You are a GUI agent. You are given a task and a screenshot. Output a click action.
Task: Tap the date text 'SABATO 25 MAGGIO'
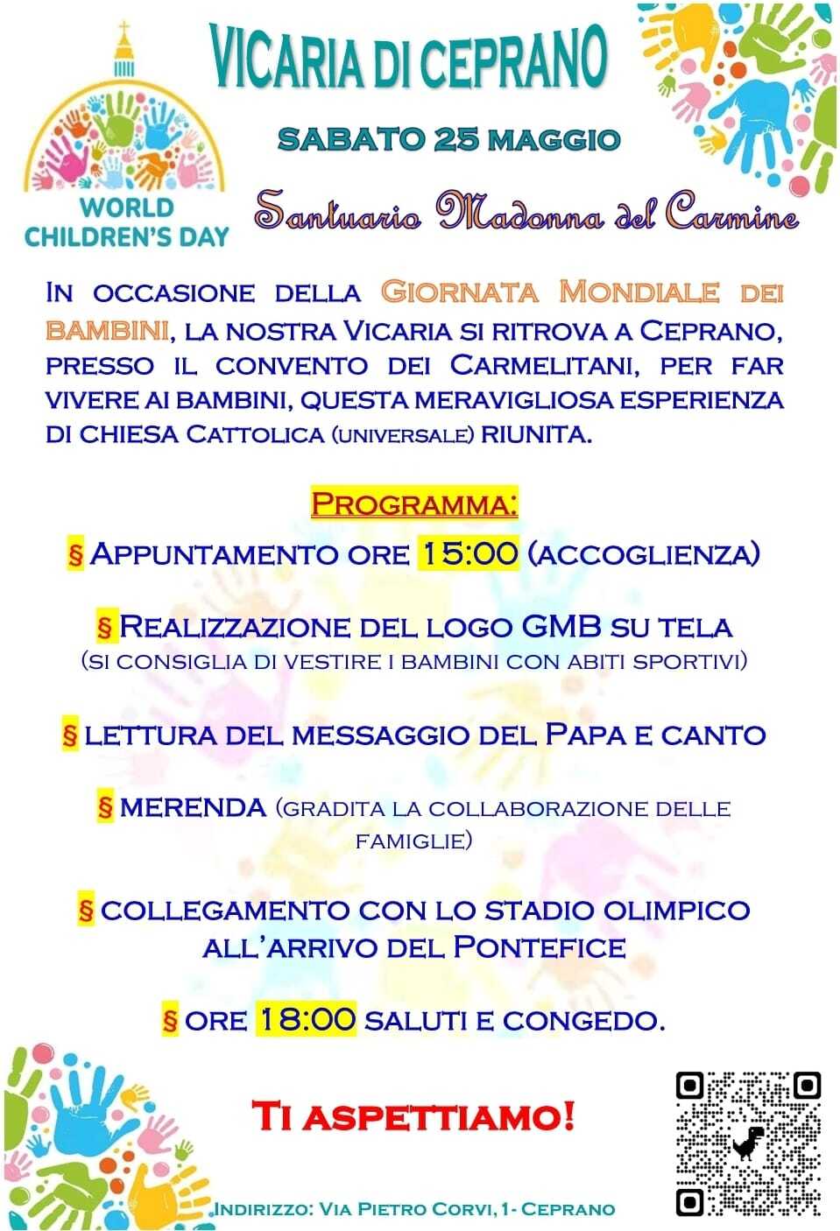click(448, 139)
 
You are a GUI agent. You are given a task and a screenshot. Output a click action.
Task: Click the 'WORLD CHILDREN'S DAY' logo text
click(126, 222)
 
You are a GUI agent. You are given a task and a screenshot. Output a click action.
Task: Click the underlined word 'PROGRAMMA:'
click(414, 504)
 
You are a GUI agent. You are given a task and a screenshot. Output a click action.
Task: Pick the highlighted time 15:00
click(469, 553)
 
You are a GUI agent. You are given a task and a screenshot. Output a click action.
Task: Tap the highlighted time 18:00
click(307, 1019)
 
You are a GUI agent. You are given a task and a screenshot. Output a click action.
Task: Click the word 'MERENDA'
click(193, 807)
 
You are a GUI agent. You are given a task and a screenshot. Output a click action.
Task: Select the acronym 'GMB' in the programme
click(561, 627)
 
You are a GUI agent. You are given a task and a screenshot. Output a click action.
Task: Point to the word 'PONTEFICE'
click(540, 947)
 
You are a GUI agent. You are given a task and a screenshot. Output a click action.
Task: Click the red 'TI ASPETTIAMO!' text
click(413, 1116)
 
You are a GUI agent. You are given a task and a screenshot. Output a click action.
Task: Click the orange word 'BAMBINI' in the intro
click(107, 330)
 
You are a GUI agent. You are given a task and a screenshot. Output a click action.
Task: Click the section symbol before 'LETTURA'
click(71, 735)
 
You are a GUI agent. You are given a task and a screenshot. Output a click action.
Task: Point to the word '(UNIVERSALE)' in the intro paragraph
click(403, 435)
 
